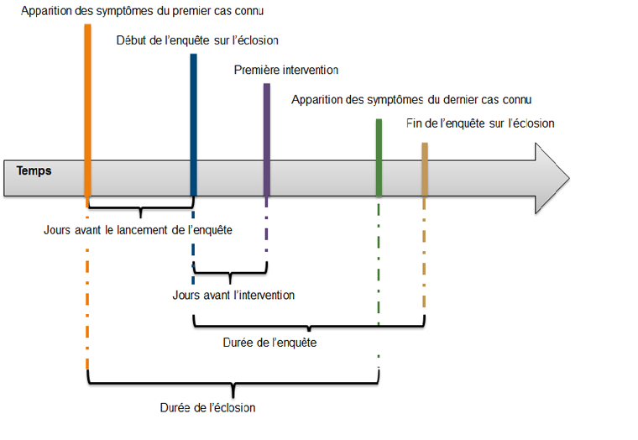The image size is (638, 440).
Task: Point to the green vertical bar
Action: coord(379,156)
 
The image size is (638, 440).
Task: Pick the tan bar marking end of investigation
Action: coord(425,168)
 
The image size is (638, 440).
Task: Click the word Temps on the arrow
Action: coord(34,170)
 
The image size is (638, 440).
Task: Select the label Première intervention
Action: coord(285,70)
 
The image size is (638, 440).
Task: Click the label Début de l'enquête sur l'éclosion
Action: coord(197,40)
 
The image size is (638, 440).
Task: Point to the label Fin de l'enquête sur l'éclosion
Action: coord(479,123)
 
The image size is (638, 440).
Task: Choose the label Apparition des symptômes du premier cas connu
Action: coord(142,11)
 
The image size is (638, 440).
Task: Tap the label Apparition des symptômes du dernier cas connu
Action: coord(411,99)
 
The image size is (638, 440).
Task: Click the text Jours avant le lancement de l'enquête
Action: coord(138,228)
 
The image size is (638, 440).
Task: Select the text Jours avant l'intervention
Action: coord(233,295)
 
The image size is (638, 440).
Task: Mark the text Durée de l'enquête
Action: coord(269,343)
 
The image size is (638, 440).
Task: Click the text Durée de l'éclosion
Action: coord(207,407)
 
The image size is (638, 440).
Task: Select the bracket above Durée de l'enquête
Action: coord(309,323)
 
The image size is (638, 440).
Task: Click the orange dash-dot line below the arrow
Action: coord(87,294)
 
